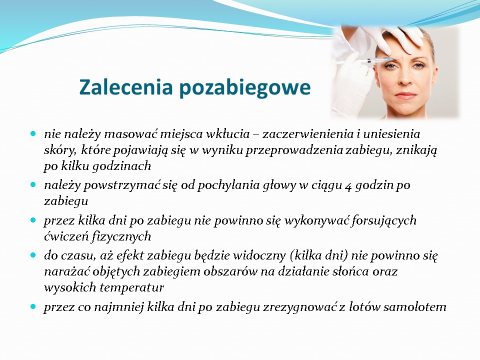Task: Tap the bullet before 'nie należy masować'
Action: click(x=33, y=134)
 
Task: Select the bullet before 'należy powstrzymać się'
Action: click(x=33, y=185)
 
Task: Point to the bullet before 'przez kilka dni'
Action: click(x=33, y=220)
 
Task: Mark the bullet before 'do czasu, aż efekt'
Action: click(x=33, y=255)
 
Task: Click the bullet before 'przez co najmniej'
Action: click(x=33, y=306)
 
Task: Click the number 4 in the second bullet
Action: click(x=348, y=186)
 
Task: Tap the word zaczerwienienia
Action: click(x=308, y=134)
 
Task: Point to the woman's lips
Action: click(x=406, y=96)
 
